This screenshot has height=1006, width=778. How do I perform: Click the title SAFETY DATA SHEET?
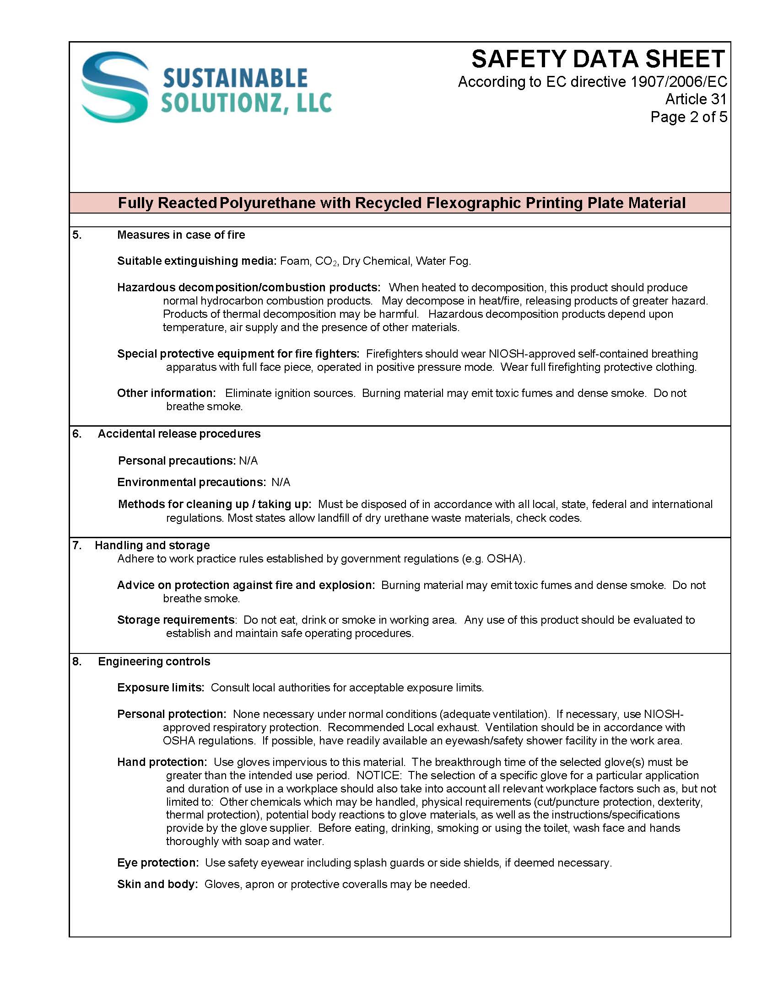coord(598,59)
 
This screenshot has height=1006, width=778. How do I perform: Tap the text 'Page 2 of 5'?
coord(688,117)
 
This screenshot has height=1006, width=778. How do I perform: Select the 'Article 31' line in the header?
coord(696,99)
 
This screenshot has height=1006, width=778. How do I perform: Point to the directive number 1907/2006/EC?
coord(678,81)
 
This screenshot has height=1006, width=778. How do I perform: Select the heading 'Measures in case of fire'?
coord(181,235)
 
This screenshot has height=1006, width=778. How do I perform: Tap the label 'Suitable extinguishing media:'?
coord(196,261)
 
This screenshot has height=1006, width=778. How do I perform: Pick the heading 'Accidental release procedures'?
coord(179,434)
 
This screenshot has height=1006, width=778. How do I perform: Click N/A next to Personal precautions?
coord(248,461)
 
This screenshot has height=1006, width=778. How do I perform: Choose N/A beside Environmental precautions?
coord(281,482)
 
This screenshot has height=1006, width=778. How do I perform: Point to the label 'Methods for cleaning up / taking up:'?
coord(214,504)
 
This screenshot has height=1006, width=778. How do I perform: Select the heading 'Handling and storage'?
coord(152,546)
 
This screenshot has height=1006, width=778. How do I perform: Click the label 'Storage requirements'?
coord(176,620)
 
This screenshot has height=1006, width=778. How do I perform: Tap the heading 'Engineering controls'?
coord(154,662)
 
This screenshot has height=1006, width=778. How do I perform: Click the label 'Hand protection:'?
coord(162,762)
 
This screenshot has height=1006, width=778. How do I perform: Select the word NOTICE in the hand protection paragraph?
coord(378,776)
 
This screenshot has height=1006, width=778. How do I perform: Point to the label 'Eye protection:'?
coord(157,863)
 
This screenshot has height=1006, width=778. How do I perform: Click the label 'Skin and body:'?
coord(157,884)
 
